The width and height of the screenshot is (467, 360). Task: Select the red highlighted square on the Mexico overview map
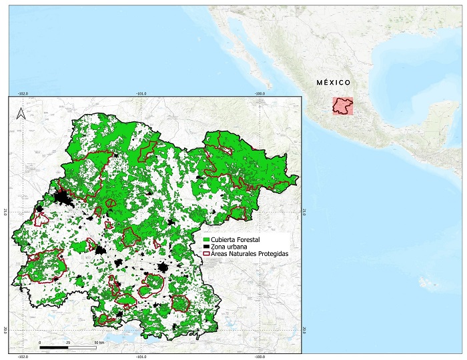click(x=344, y=105)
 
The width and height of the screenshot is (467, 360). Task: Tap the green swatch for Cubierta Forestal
click(x=206, y=239)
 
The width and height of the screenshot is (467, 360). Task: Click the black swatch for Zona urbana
click(x=206, y=247)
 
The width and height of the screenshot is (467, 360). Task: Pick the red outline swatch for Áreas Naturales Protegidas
click(x=206, y=255)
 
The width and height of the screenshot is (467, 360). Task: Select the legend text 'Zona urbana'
click(x=227, y=247)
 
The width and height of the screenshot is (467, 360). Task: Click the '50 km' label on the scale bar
click(x=99, y=341)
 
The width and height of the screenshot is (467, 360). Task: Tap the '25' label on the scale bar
click(x=68, y=341)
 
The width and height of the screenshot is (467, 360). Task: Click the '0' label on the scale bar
click(x=40, y=341)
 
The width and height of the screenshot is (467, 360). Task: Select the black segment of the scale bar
click(x=54, y=347)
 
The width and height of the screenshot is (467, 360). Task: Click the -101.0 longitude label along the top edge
click(x=141, y=93)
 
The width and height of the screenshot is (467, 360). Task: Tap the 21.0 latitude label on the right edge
click(x=304, y=212)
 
